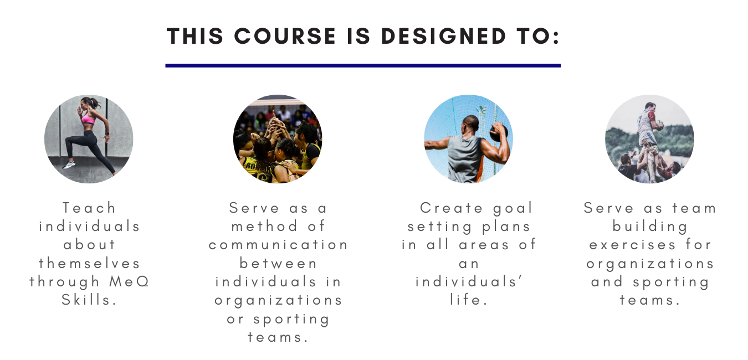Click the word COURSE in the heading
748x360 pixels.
pyautogui.click(x=285, y=36)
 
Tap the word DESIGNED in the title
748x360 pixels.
pyautogui.click(x=444, y=36)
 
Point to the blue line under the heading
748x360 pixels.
pyautogui.click(x=363, y=66)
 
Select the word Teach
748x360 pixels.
pyautogui.click(x=89, y=208)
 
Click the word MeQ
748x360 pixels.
pyautogui.click(x=129, y=281)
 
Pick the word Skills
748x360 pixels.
pyautogui.click(x=89, y=300)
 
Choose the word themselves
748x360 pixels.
pyautogui.click(x=89, y=263)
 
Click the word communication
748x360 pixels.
pyautogui.click(x=278, y=245)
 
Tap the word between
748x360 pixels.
pyautogui.click(x=278, y=263)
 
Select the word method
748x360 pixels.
pyautogui.click(x=264, y=226)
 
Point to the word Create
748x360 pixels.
pyautogui.click(x=451, y=208)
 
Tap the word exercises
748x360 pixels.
pyautogui.click(x=632, y=245)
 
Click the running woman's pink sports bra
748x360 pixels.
pyautogui.click(x=88, y=119)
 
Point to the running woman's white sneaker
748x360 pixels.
pyautogui.click(x=69, y=165)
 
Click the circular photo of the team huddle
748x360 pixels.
pyautogui.click(x=278, y=139)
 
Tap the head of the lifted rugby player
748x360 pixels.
pyautogui.click(x=650, y=107)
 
